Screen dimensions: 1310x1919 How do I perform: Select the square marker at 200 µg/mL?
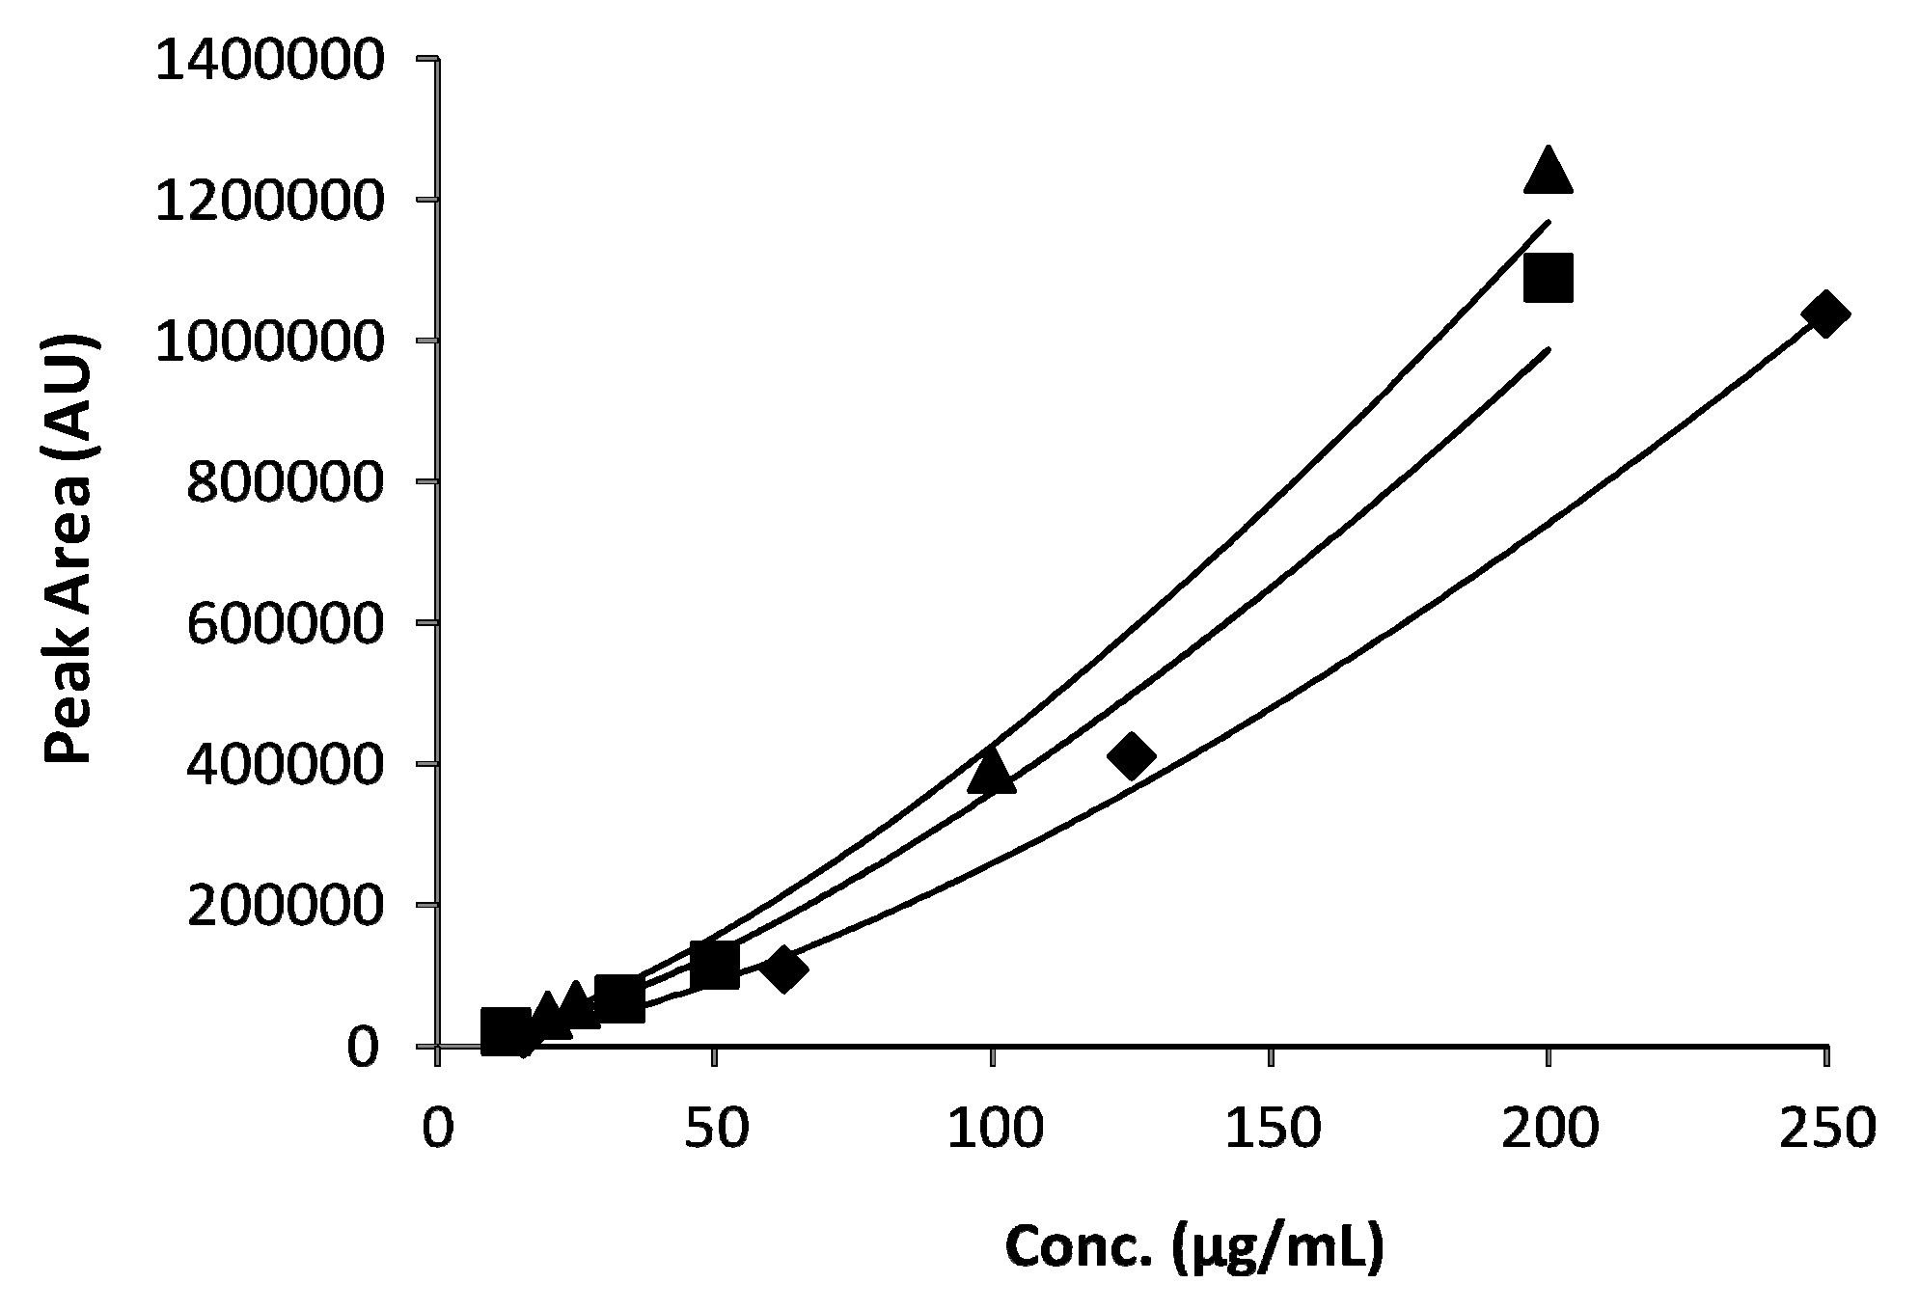pos(1548,279)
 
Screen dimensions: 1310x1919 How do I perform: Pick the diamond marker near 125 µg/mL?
pos(1132,756)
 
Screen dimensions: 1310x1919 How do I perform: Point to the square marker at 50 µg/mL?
pos(715,965)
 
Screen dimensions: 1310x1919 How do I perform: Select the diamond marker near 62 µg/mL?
pos(783,969)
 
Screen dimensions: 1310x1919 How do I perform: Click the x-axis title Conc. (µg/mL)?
pos(1194,1247)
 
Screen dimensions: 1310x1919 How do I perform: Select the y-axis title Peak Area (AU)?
pos(71,550)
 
